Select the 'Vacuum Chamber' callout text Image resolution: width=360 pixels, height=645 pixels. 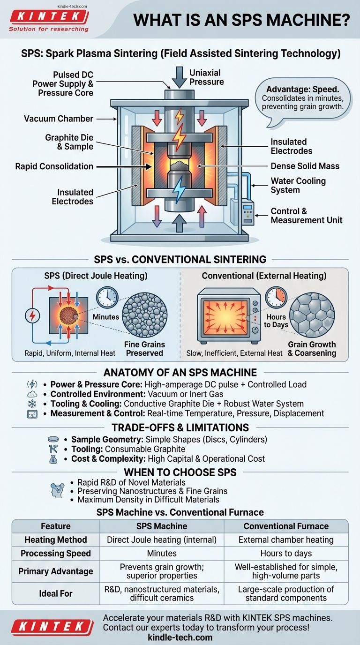[59, 119]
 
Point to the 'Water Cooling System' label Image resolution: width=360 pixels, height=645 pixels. [298, 185]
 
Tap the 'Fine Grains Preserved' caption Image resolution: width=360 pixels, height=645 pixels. [144, 349]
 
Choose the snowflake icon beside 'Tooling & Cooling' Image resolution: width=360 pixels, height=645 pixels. [32, 403]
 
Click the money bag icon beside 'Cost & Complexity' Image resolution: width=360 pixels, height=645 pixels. [53, 459]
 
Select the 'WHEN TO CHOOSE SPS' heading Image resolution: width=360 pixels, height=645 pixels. [180, 472]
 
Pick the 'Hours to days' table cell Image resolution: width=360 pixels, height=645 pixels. [286, 553]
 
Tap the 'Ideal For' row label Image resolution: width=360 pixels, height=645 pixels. [55, 593]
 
